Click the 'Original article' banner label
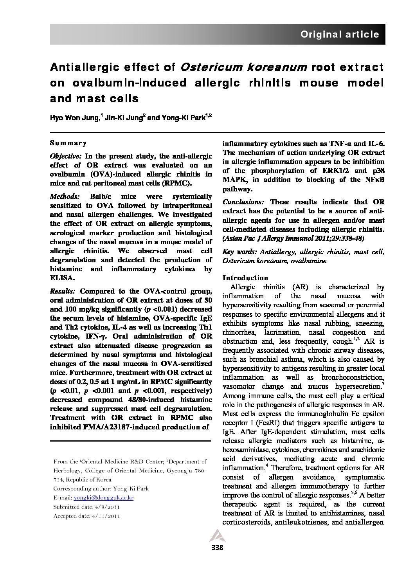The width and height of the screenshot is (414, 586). [339, 34]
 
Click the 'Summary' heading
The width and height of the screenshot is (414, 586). [68, 143]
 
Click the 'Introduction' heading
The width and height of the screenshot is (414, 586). [245, 278]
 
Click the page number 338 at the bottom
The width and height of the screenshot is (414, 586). [217, 548]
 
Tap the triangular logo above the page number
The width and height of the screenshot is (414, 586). [217, 535]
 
